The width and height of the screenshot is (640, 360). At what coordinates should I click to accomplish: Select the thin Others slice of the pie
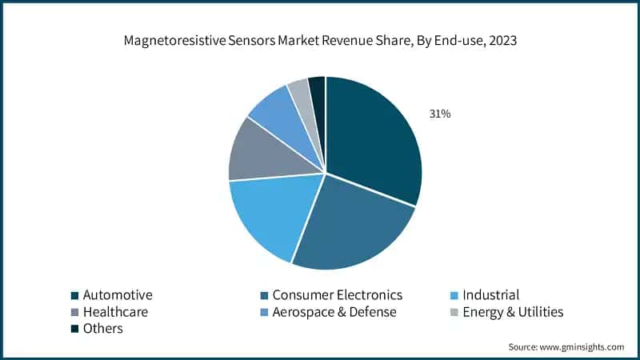[x=318, y=90]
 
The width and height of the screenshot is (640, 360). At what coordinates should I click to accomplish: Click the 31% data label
[x=440, y=114]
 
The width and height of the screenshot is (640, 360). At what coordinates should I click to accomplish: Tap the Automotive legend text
[x=118, y=295]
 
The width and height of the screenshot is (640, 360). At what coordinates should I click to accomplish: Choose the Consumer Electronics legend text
[x=337, y=295]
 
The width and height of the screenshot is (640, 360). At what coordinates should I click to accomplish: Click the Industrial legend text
[x=491, y=295]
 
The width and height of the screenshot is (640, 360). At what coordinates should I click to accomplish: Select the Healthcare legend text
[x=115, y=312]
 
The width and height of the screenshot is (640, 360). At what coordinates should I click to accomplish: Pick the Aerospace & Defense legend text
[x=334, y=312]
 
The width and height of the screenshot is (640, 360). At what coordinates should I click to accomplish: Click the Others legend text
[x=103, y=329]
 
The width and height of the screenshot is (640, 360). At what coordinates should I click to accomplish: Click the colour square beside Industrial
[x=454, y=296]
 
